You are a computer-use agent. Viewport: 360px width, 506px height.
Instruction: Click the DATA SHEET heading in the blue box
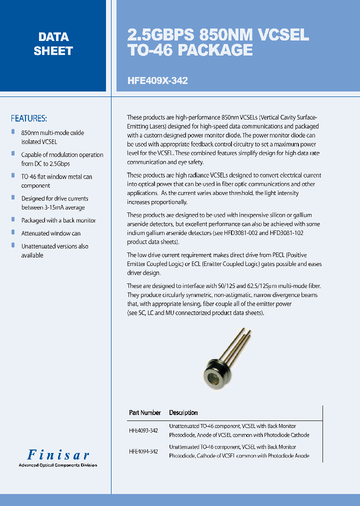tap(53, 44)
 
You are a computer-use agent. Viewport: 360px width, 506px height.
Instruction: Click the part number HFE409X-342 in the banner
tap(157, 80)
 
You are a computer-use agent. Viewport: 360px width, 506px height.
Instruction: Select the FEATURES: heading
tap(29, 118)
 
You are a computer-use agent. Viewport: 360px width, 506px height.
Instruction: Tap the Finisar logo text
tap(58, 455)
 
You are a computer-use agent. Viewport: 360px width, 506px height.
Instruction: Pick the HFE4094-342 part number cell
tap(143, 451)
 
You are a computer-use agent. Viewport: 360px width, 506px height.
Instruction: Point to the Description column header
tap(183, 412)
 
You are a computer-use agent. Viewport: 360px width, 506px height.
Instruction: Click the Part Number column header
tap(144, 412)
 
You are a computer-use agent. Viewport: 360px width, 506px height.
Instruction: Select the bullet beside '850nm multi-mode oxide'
tap(13, 132)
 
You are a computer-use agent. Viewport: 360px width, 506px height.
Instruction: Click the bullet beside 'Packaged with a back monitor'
tap(13, 219)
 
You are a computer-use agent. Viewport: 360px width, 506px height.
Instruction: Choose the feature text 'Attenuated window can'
tap(51, 233)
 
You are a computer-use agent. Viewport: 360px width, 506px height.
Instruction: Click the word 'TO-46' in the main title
tap(149, 50)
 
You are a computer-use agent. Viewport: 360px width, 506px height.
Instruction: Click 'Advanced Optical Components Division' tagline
tap(57, 465)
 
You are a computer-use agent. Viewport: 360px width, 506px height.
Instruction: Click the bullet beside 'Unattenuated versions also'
tap(13, 245)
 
